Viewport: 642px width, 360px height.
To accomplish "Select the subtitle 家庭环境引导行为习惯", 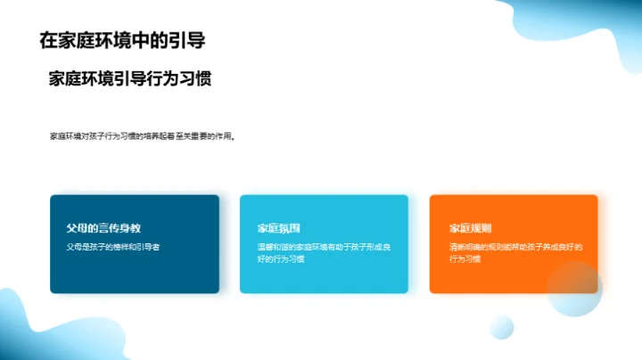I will (x=129, y=78).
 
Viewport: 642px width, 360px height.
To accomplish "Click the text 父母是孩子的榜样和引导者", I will (x=112, y=246).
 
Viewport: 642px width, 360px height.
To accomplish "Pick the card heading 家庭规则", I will (x=471, y=228).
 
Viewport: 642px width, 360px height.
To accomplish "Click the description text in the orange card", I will (x=515, y=252).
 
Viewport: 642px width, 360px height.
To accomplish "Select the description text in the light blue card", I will (x=324, y=252).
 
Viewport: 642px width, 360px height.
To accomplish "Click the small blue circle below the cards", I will (x=502, y=327).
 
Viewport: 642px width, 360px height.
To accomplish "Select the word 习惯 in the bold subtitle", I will (x=195, y=78).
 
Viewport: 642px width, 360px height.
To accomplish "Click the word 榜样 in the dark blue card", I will (x=112, y=246).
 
